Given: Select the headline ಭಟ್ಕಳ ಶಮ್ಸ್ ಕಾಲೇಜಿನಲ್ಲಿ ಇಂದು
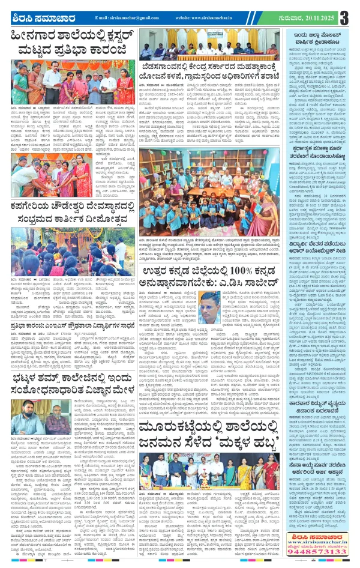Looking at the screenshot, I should click(69, 362).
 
